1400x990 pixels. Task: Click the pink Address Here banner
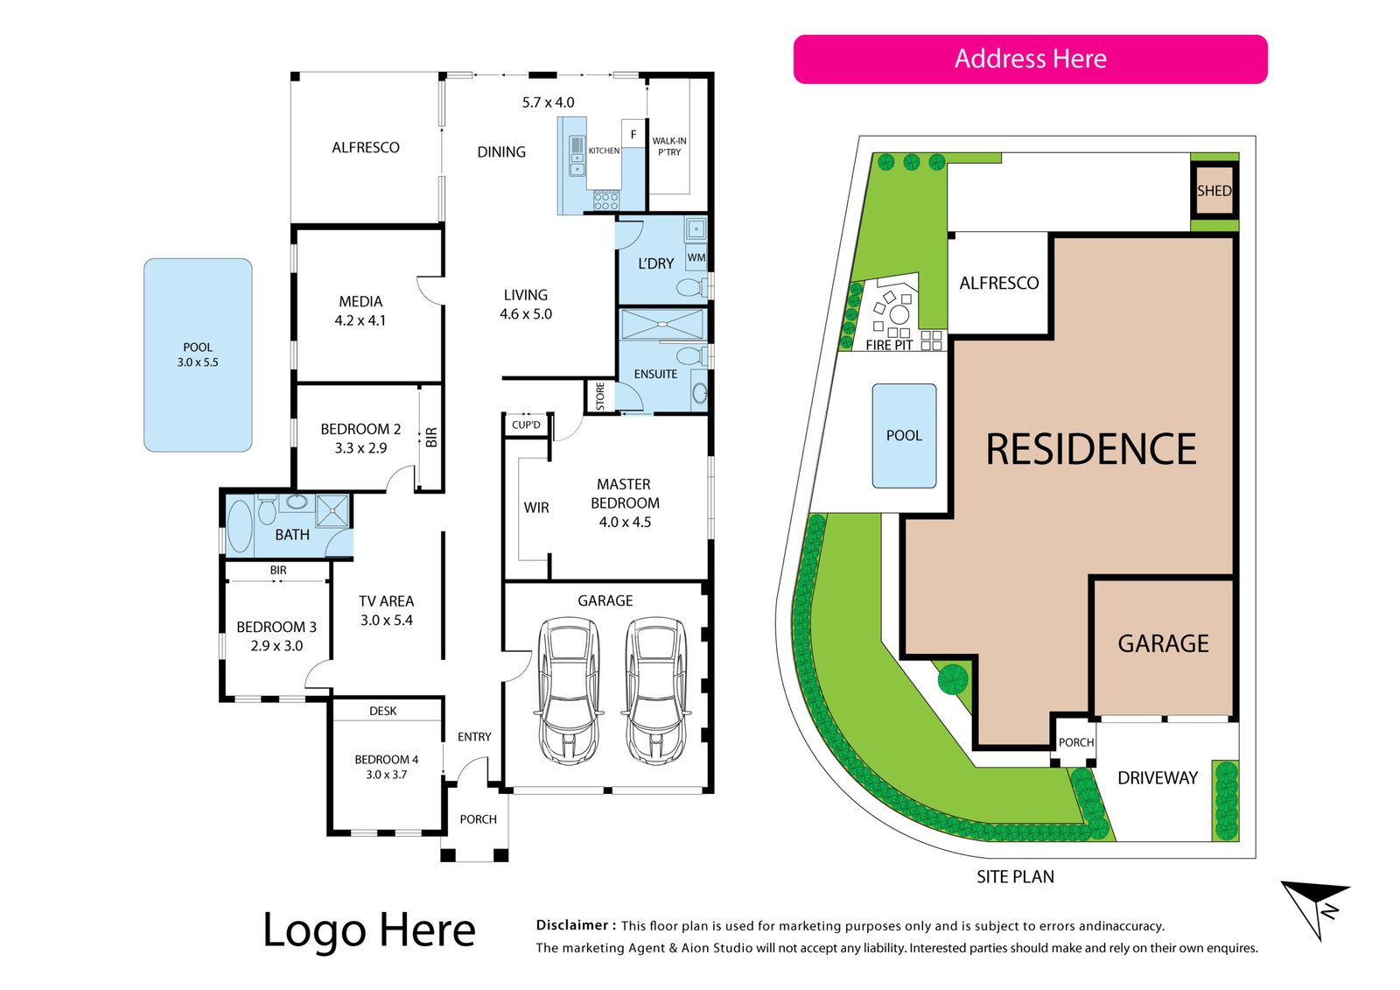coord(1030,59)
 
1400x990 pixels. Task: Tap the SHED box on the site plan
coord(1214,191)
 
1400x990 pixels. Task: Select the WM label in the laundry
coord(696,257)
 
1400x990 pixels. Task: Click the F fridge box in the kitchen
coord(633,134)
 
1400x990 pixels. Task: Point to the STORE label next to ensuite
coord(600,397)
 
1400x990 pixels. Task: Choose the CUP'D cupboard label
coord(526,425)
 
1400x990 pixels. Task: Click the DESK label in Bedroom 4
coord(382,711)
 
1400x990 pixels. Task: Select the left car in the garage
coord(569,691)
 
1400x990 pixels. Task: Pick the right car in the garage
coord(656,691)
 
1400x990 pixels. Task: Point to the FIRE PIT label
coord(889,345)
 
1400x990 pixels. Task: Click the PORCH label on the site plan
coord(1076,742)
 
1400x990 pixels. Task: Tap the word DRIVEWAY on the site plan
coord(1158,778)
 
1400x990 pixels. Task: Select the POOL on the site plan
coord(905,435)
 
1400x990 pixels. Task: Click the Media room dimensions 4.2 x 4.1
coord(360,321)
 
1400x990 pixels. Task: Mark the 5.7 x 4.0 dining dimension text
coord(548,102)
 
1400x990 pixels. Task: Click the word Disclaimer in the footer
coord(572,925)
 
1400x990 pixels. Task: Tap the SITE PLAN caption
coord(1015,877)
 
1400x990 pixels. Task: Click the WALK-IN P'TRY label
coord(669,146)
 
